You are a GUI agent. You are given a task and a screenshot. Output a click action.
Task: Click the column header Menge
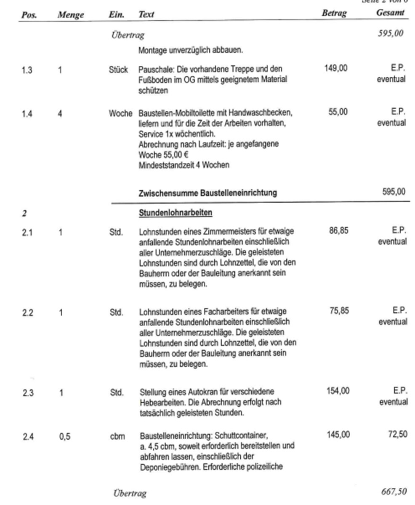click(71, 15)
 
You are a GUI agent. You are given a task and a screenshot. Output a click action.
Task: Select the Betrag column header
click(334, 13)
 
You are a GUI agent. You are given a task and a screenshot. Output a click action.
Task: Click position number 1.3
click(27, 70)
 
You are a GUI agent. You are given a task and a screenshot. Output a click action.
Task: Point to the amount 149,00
click(336, 68)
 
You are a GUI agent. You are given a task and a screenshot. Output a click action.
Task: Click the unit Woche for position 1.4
click(120, 113)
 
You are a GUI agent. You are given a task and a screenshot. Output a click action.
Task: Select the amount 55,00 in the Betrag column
click(338, 112)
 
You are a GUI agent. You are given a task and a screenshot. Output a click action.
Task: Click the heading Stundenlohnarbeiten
click(176, 213)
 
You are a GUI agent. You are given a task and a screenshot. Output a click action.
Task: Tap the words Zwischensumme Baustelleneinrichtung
click(208, 193)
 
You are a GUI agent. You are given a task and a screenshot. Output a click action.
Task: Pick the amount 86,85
click(338, 231)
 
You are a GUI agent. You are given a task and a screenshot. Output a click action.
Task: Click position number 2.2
click(28, 313)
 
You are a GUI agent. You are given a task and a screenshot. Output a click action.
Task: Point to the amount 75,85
click(339, 311)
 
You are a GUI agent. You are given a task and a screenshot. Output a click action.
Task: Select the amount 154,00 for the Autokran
click(338, 391)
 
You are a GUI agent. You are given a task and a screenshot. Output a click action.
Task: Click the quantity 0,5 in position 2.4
click(65, 436)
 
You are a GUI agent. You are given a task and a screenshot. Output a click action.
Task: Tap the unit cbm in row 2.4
click(117, 436)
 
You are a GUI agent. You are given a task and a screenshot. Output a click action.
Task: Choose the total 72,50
click(397, 434)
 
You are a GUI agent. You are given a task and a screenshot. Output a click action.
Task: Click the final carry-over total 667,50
click(394, 492)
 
